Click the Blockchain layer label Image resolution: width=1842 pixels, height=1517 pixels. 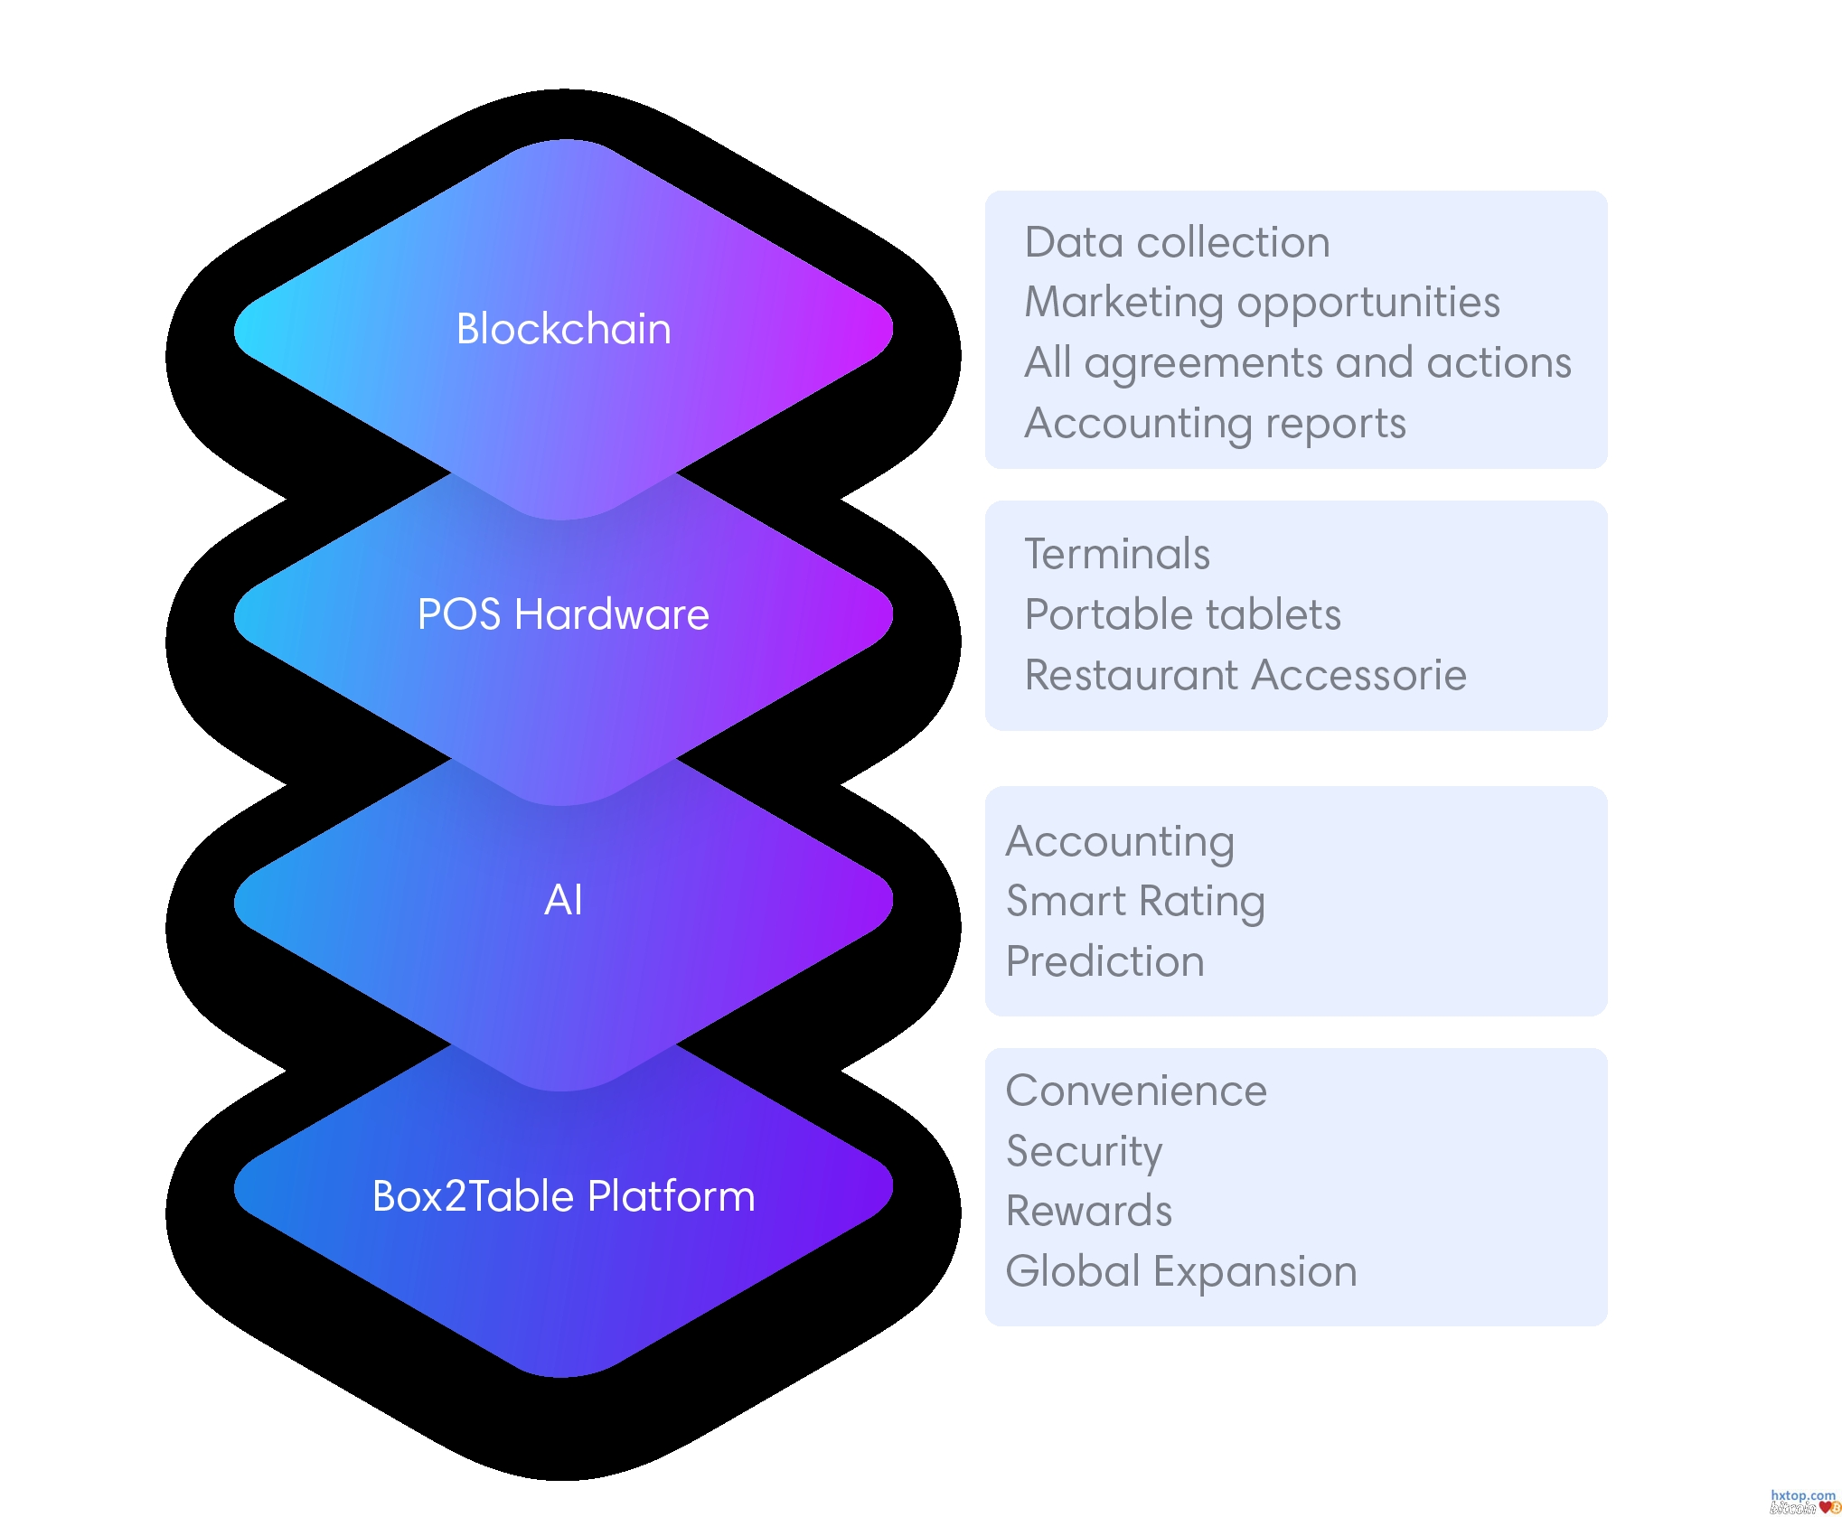tap(563, 329)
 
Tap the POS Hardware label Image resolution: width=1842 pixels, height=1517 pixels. tap(563, 614)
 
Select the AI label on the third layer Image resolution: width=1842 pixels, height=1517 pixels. tap(563, 900)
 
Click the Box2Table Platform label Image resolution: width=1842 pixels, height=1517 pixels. tap(563, 1196)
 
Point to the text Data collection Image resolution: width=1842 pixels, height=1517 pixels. tap(1177, 242)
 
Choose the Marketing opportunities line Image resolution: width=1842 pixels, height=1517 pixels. tap(1262, 303)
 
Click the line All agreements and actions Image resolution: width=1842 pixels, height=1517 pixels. tap(1297, 363)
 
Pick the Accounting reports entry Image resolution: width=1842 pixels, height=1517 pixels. tap(1215, 424)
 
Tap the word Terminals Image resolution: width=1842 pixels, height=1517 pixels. tap(1117, 554)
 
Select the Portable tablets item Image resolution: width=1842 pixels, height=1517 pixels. tap(1182, 614)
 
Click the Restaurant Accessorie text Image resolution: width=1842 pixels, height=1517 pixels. tap(1245, 675)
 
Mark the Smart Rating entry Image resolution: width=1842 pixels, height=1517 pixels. tap(1135, 901)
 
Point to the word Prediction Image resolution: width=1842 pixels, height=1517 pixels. tap(1104, 961)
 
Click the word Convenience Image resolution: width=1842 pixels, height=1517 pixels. tap(1136, 1091)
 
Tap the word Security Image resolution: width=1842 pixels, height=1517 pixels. tap(1084, 1151)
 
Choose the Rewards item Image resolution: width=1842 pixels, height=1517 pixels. tap(1089, 1212)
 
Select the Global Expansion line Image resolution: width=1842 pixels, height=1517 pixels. tap(1181, 1272)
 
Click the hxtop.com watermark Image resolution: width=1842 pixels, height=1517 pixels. tap(1802, 1496)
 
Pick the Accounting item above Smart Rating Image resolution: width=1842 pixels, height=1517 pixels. tap(1120, 841)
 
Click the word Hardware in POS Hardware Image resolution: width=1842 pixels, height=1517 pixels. tap(612, 614)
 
